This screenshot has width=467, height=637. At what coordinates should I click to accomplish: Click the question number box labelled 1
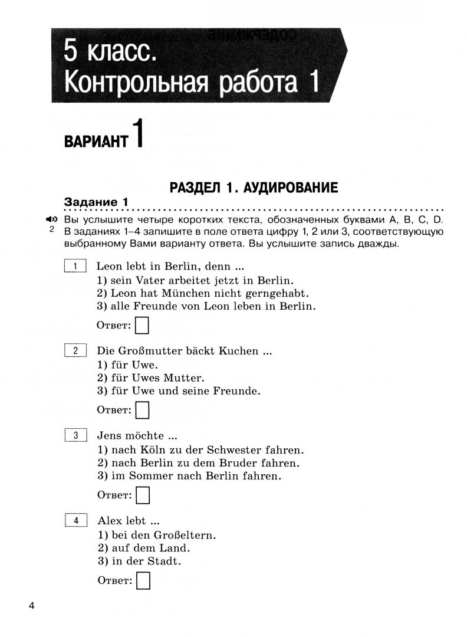(75, 266)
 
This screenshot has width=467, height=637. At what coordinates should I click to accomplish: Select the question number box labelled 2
(75, 351)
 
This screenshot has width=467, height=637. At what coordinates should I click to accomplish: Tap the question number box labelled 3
(75, 436)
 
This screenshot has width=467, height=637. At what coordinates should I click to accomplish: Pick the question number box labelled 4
(75, 521)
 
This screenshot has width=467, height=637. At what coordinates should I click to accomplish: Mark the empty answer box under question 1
(142, 325)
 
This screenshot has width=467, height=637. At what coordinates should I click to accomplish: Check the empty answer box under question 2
(142, 410)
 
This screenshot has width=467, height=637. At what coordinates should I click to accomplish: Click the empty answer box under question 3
(142, 495)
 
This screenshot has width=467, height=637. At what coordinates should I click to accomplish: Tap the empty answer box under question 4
(142, 580)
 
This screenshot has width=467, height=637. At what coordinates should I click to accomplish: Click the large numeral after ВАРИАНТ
(137, 134)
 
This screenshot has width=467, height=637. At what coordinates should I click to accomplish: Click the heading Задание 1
(96, 202)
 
